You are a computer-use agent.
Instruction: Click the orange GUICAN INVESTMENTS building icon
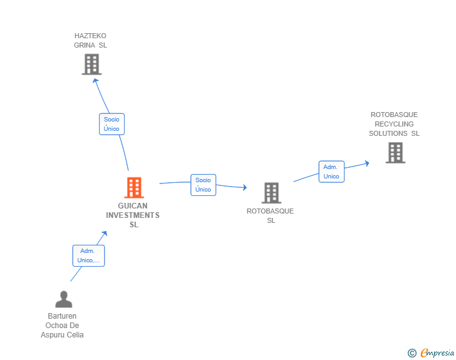pyautogui.click(x=134, y=188)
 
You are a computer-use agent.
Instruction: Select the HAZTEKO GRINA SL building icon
pyautogui.click(x=91, y=64)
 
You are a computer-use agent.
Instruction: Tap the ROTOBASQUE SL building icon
pyautogui.click(x=271, y=193)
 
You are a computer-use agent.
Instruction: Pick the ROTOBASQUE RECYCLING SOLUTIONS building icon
pyautogui.click(x=395, y=153)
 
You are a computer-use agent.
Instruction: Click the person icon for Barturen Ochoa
pyautogui.click(x=64, y=299)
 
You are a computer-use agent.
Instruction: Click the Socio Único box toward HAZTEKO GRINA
pyautogui.click(x=111, y=124)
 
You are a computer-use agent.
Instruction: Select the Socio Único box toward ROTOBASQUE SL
pyautogui.click(x=204, y=185)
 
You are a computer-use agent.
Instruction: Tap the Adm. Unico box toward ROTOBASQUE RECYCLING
pyautogui.click(x=331, y=172)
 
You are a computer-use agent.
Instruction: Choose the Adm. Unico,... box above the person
pyautogui.click(x=88, y=255)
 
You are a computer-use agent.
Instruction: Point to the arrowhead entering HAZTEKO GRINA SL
pyautogui.click(x=95, y=81)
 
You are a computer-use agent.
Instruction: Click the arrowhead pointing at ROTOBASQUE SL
pyautogui.click(x=245, y=188)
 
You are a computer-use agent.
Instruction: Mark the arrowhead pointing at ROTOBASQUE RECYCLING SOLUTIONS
pyautogui.click(x=367, y=163)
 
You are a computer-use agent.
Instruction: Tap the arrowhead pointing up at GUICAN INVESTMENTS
pyautogui.click(x=105, y=233)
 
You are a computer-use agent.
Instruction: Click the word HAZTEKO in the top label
pyautogui.click(x=90, y=36)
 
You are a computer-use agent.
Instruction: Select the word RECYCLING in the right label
pyautogui.click(x=394, y=124)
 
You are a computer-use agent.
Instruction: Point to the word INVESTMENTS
pyautogui.click(x=133, y=215)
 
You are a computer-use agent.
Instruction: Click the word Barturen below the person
pyautogui.click(x=62, y=316)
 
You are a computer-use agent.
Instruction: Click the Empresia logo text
pyautogui.click(x=437, y=353)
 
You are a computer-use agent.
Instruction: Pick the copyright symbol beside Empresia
pyautogui.click(x=412, y=353)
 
